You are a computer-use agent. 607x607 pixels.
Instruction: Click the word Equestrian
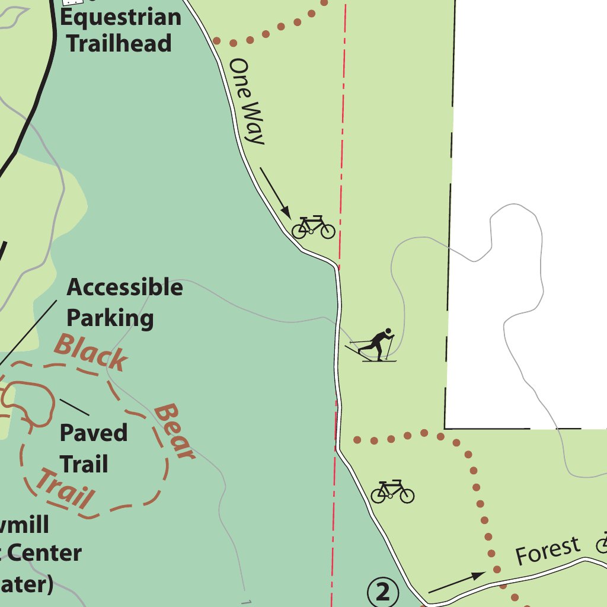click(121, 17)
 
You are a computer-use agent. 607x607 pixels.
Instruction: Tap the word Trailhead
click(119, 43)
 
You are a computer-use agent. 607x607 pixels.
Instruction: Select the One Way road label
click(247, 101)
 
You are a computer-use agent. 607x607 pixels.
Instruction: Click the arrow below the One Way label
click(274, 192)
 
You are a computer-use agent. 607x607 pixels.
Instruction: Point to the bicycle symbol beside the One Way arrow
click(314, 227)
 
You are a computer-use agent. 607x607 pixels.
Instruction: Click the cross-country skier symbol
click(373, 344)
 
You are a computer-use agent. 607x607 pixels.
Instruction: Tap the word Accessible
click(124, 287)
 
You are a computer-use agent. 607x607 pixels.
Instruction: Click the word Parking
click(110, 318)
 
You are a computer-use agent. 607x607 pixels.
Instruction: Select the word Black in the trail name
click(91, 352)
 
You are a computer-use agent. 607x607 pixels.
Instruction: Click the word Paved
click(94, 433)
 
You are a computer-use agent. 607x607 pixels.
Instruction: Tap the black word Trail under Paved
click(84, 464)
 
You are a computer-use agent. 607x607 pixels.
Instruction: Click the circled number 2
click(383, 592)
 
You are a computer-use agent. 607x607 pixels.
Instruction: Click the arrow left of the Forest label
click(456, 582)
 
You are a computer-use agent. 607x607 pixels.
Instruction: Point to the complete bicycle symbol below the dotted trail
click(392, 491)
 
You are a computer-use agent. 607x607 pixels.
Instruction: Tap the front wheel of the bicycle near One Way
click(327, 231)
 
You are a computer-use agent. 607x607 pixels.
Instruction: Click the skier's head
click(388, 331)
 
